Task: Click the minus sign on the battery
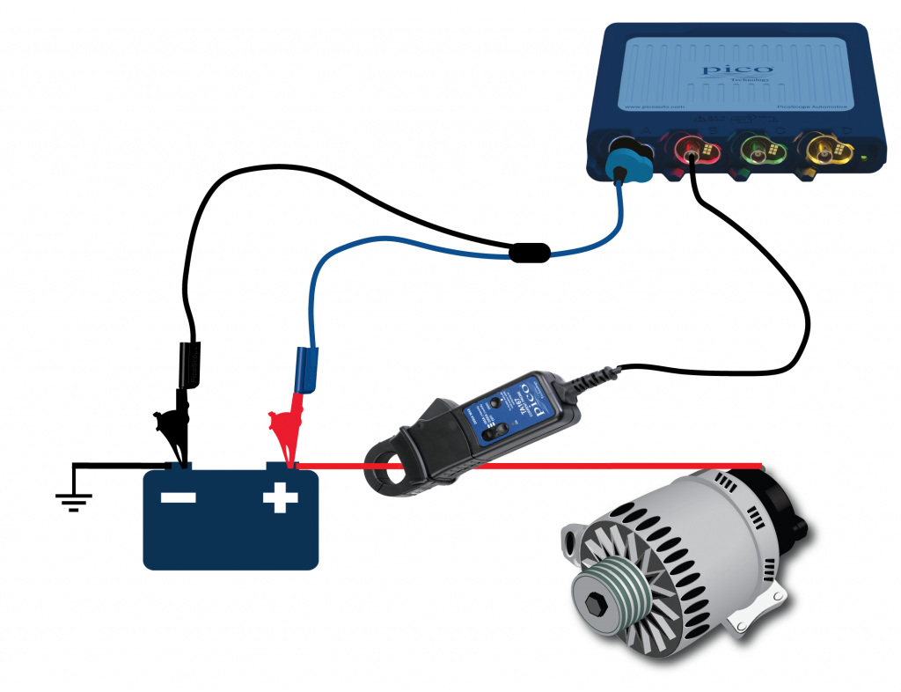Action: click(178, 499)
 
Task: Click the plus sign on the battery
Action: click(281, 499)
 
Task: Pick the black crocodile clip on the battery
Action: click(176, 431)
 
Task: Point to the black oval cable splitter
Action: click(531, 254)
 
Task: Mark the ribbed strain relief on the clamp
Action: click(595, 379)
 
